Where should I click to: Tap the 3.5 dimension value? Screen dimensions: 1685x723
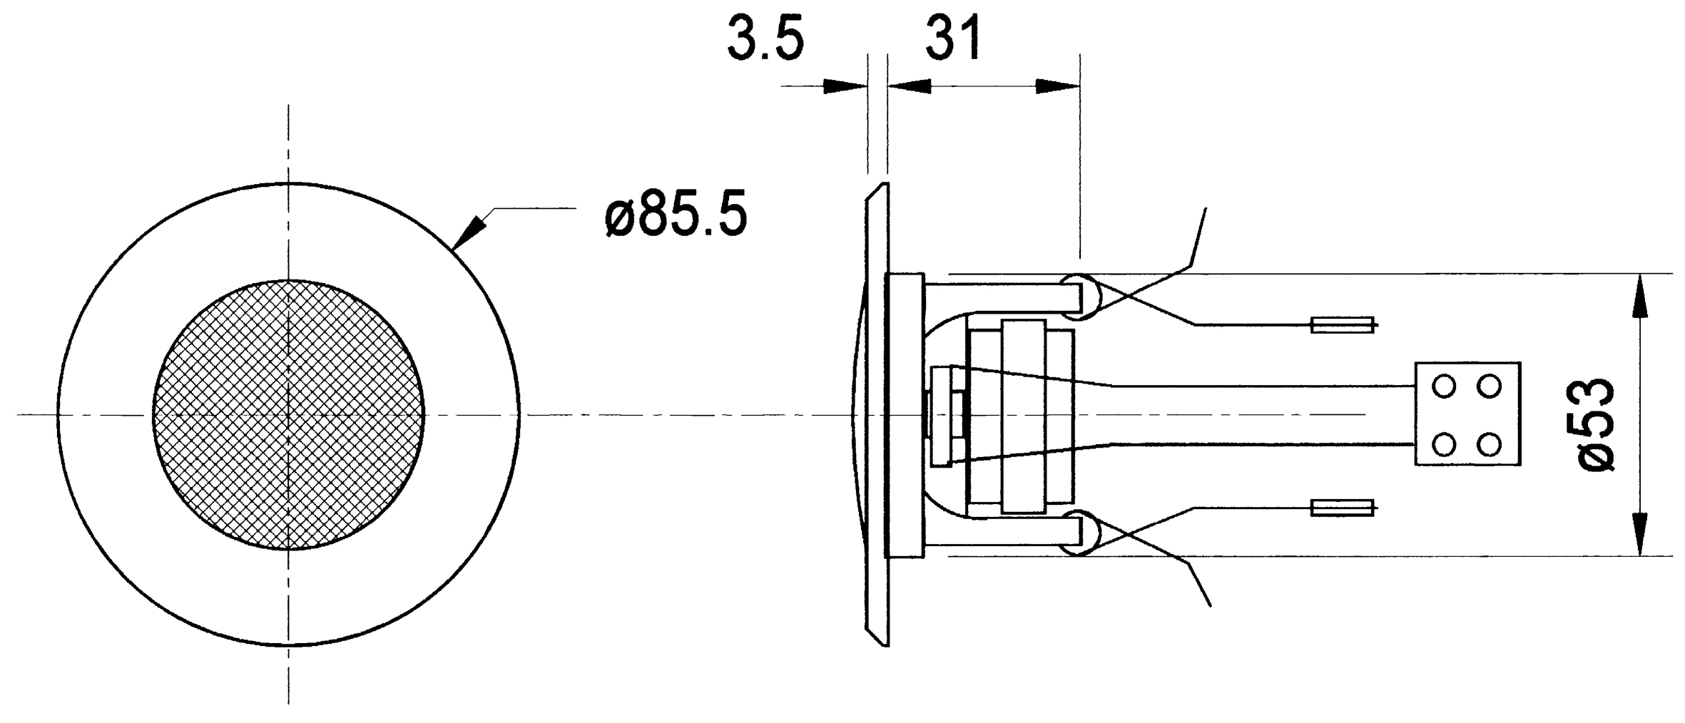(765, 39)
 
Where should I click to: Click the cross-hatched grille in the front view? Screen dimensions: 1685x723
(288, 415)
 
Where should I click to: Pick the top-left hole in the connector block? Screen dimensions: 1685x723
(1445, 387)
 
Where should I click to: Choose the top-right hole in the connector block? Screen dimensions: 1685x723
(1489, 387)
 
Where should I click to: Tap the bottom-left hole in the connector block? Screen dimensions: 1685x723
(1445, 445)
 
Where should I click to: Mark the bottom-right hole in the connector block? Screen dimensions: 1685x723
(1489, 445)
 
